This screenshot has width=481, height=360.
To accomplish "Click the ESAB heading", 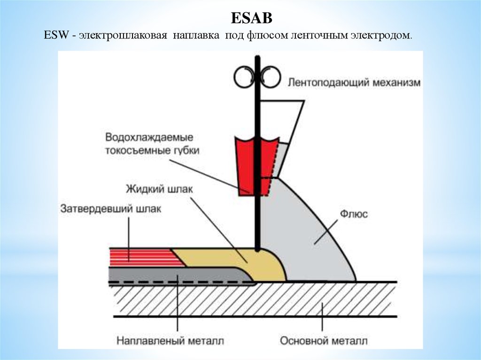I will [x=252, y=19].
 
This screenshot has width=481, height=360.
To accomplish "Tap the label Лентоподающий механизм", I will [x=353, y=83].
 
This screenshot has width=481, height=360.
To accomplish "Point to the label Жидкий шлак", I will [x=159, y=189].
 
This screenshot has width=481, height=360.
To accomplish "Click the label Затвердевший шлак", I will [x=110, y=209].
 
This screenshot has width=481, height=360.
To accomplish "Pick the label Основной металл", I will [x=324, y=340].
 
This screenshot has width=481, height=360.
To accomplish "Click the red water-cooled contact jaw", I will [x=245, y=164].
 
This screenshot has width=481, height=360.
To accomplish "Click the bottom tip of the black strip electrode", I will [x=257, y=249].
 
